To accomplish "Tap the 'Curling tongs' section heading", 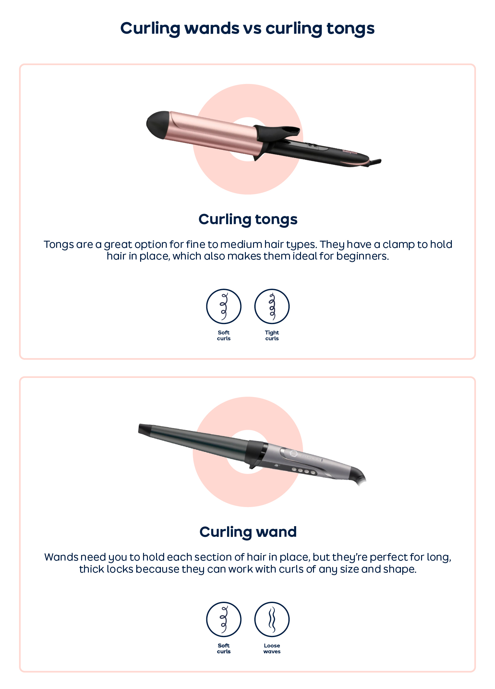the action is coord(248,220).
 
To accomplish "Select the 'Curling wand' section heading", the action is coord(248,532).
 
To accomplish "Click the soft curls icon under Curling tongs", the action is coord(223,306).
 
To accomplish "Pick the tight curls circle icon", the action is coord(272,306).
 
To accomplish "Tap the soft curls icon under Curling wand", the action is coord(223,619).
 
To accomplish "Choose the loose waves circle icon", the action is coord(272,619).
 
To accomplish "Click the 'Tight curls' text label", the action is coord(272,335).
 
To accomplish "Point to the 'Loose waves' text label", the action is coord(272,648).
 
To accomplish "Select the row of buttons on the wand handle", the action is coord(303,471).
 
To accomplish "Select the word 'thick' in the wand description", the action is coord(90,569).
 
